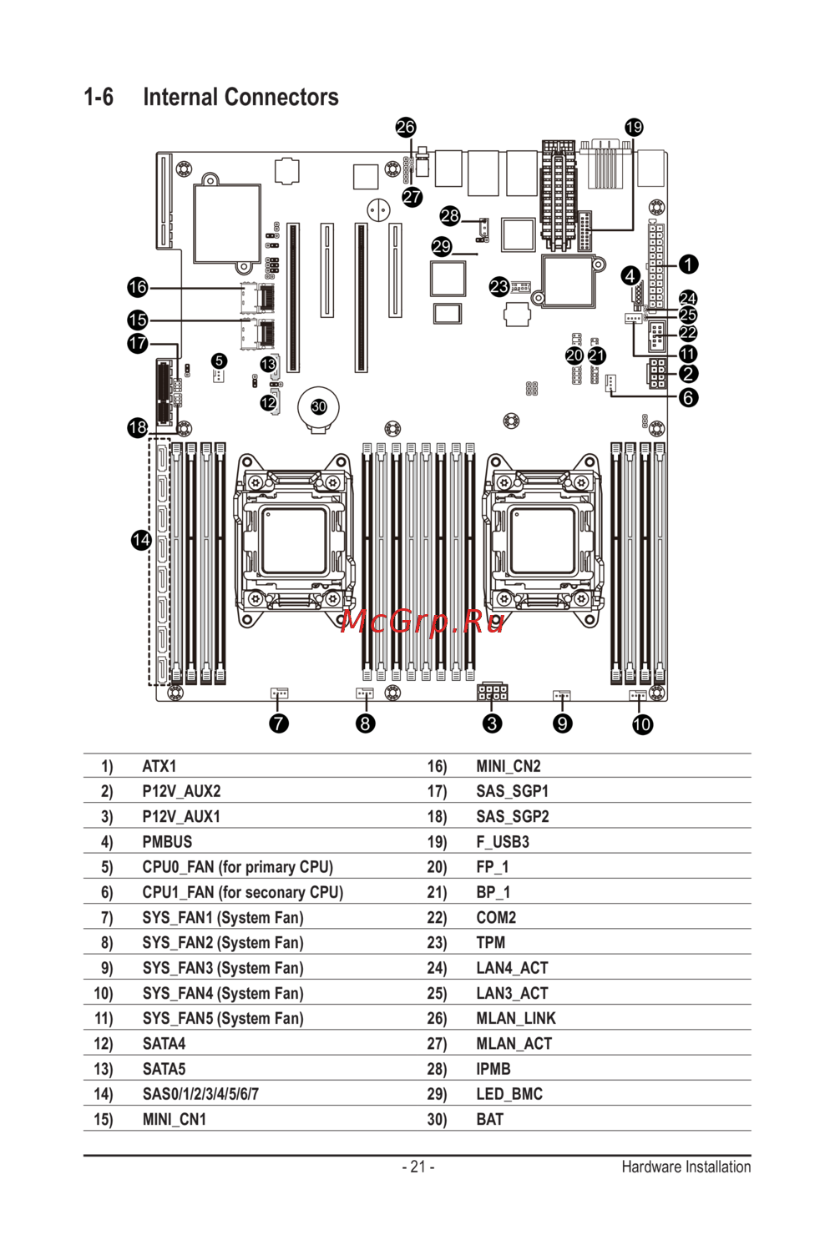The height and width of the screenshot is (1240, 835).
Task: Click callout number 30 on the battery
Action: [319, 407]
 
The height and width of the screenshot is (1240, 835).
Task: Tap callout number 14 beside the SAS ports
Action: [141, 540]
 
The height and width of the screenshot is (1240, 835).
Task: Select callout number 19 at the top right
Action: [634, 127]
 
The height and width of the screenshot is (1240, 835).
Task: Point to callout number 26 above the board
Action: [406, 127]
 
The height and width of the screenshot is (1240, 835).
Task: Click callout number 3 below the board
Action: [493, 723]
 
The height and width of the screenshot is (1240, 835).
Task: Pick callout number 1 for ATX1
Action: [688, 265]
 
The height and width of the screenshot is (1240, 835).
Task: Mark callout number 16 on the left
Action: [138, 288]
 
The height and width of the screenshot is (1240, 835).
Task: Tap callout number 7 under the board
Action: [279, 723]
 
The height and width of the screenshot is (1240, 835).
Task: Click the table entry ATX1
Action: [159, 766]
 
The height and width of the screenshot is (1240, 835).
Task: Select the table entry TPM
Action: [491, 943]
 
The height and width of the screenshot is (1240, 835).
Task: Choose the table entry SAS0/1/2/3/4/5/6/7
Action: [200, 1094]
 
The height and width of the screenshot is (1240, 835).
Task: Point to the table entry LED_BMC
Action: [509, 1094]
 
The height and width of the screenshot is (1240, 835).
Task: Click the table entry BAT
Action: [490, 1119]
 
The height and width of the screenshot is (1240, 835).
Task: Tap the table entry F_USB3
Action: [503, 842]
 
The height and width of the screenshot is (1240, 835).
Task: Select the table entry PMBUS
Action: [167, 842]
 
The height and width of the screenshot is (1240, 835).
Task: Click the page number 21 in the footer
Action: [417, 1167]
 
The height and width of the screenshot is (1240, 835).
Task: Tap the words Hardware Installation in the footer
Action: [686, 1167]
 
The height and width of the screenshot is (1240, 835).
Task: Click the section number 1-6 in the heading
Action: [99, 98]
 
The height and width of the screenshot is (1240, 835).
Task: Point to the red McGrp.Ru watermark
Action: [423, 621]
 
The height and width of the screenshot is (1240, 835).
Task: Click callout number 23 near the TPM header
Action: [499, 287]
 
